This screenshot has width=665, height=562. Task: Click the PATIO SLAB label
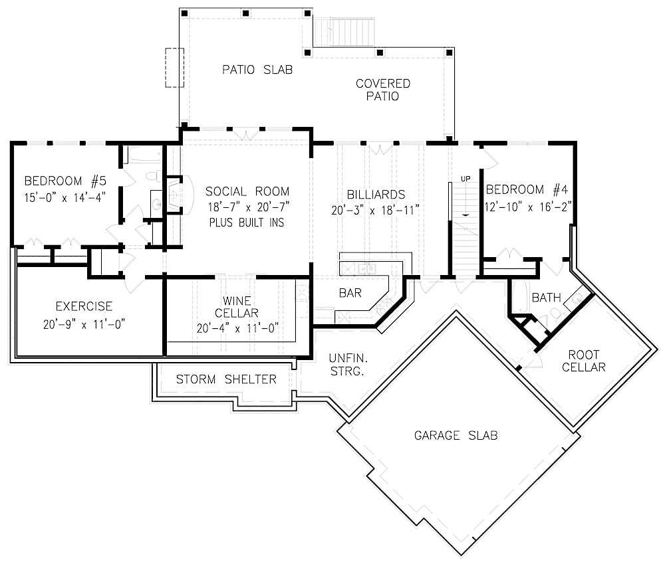coord(257,69)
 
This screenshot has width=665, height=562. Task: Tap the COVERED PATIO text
coord(383,90)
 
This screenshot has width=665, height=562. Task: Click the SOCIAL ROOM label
coord(247,191)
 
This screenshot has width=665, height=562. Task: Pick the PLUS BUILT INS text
coord(247,222)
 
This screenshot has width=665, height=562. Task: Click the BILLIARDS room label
coord(376,195)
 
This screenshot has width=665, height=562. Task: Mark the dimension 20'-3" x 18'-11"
coord(376,210)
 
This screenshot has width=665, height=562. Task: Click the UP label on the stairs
coord(465,179)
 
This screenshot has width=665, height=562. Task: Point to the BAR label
coord(350,293)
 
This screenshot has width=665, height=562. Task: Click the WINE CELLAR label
coord(237,308)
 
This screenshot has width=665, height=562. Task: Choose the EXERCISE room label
coord(84,307)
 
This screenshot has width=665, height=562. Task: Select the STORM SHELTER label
coord(226,379)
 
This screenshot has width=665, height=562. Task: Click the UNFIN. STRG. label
coord(346,365)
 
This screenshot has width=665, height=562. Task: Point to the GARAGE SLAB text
coord(456,436)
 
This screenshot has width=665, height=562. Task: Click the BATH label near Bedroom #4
coord(546,298)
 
